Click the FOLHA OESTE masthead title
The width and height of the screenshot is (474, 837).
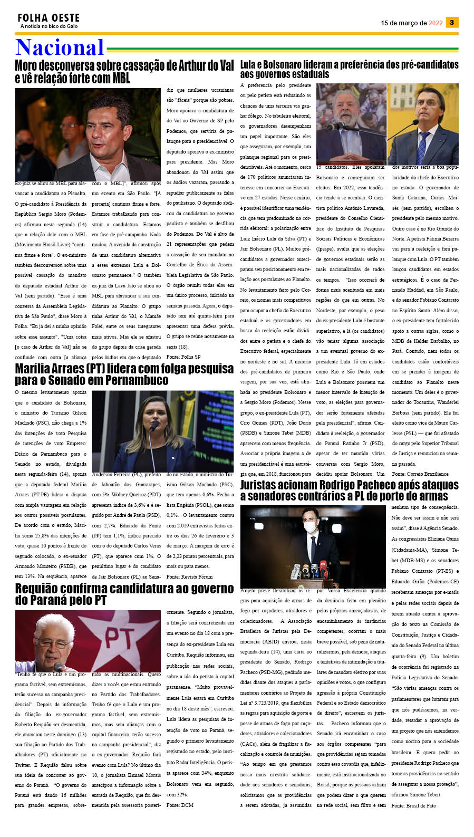(x=49, y=18)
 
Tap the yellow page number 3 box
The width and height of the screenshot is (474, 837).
(x=452, y=22)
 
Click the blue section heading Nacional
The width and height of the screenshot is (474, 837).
(x=60, y=47)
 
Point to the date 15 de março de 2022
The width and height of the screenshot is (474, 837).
(x=411, y=23)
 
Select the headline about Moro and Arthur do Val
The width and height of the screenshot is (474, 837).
(x=124, y=72)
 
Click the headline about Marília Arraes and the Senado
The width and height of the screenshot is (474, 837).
(x=124, y=374)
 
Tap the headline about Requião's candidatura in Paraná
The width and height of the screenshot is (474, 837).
(x=124, y=594)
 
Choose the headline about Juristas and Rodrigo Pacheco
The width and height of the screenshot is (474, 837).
(x=349, y=490)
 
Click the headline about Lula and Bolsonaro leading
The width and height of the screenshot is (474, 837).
(x=349, y=69)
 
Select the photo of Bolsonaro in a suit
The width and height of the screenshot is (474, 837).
(x=423, y=124)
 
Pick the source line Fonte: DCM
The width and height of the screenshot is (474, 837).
(x=180, y=805)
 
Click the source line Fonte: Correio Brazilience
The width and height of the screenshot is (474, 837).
(x=420, y=474)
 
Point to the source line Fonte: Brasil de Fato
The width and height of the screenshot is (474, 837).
(x=413, y=805)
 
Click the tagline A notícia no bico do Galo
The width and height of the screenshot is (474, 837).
(x=49, y=26)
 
